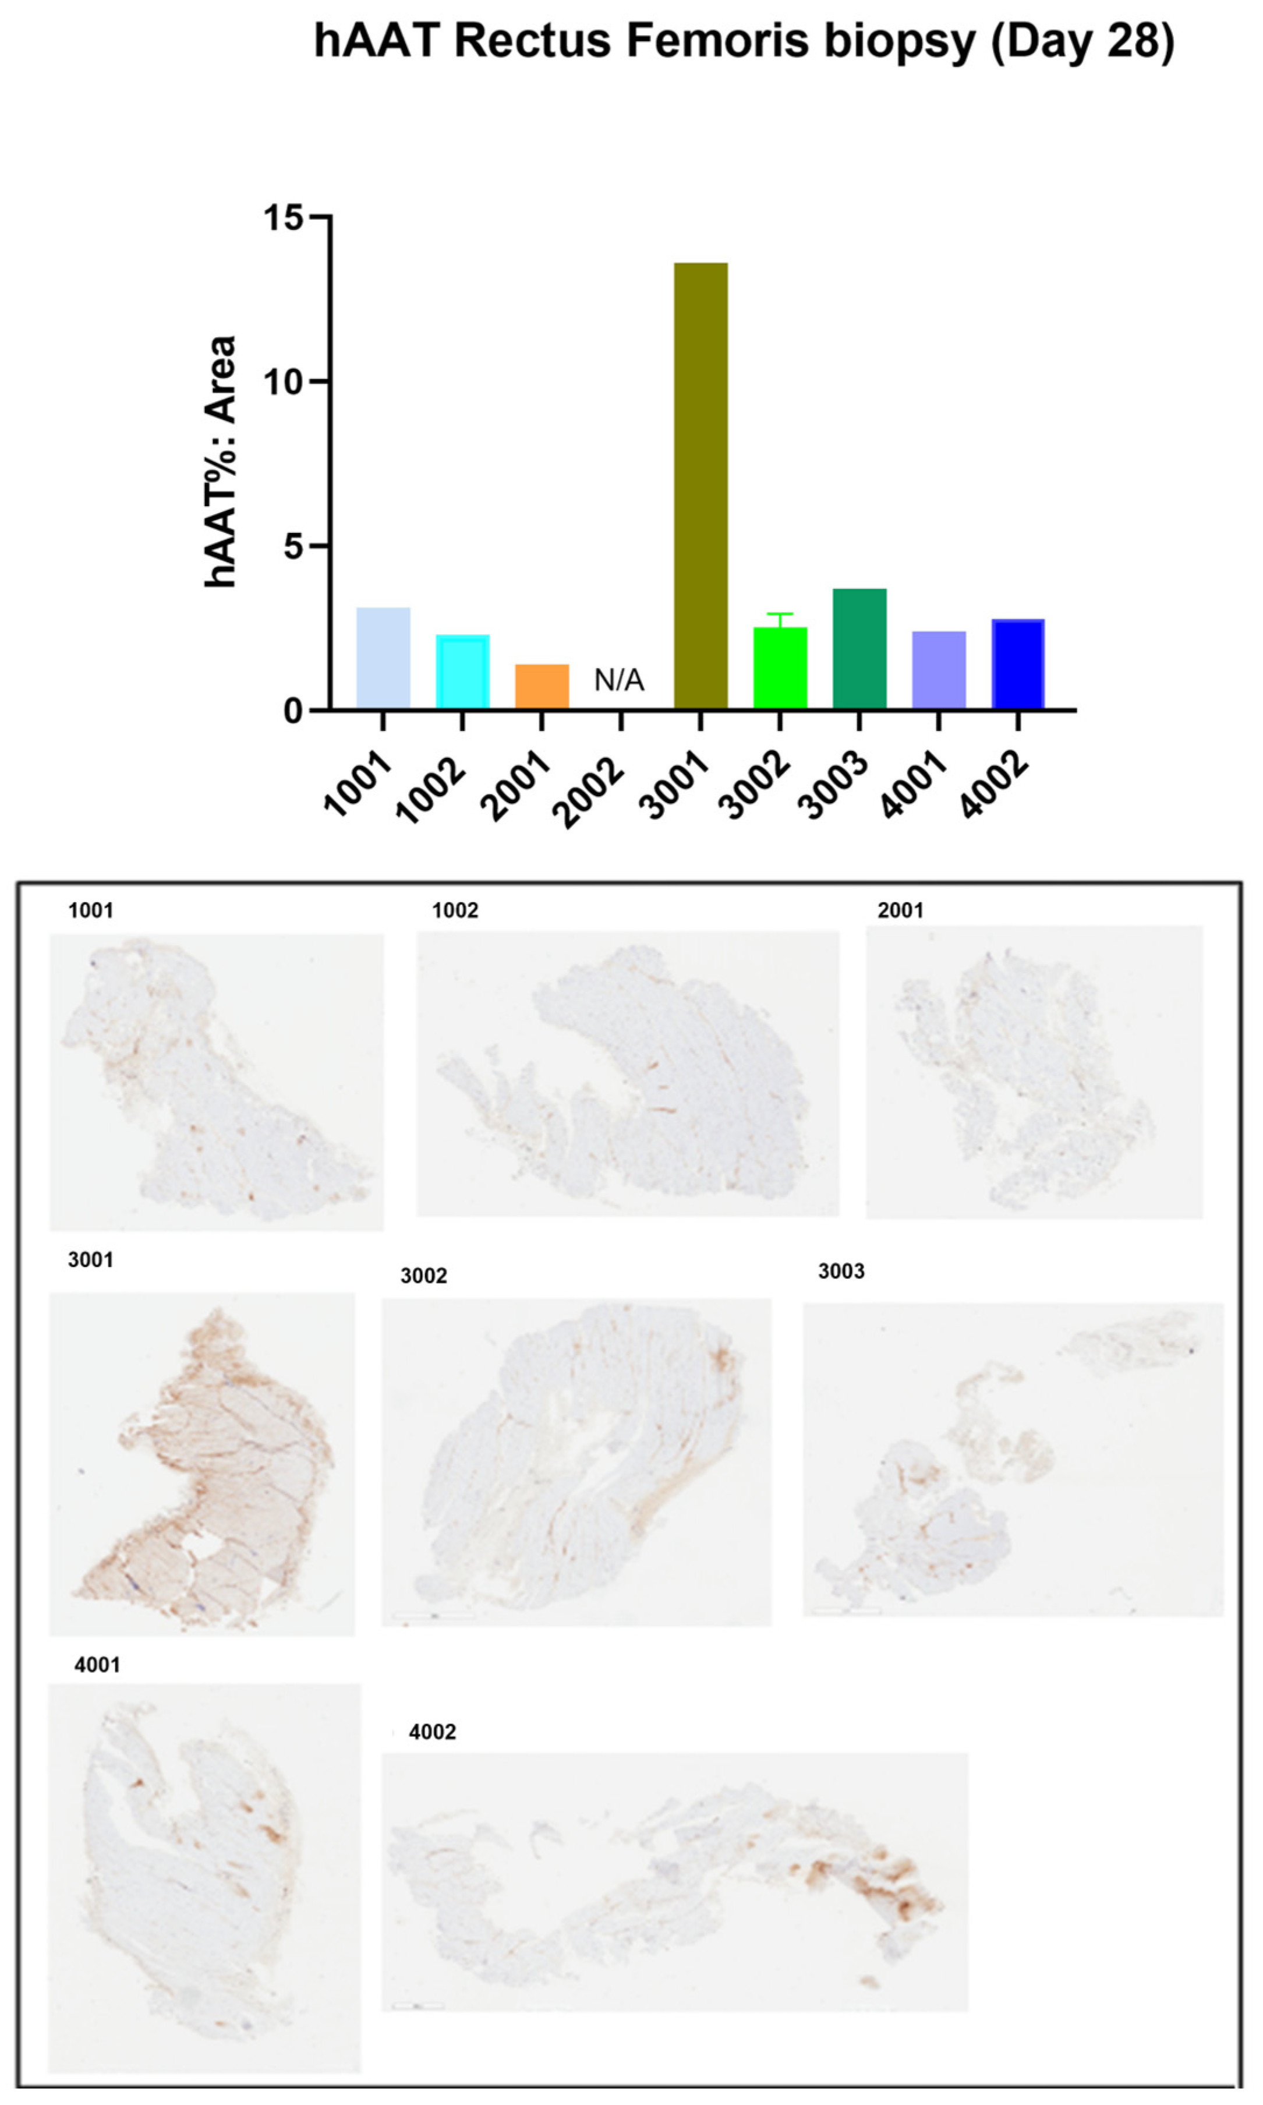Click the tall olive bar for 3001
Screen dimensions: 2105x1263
[701, 485]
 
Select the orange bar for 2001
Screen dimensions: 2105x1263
[542, 686]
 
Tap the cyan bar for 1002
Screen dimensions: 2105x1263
[462, 672]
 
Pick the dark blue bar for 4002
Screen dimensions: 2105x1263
[1018, 664]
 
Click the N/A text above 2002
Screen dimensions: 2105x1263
[619, 680]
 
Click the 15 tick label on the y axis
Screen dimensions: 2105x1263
[284, 218]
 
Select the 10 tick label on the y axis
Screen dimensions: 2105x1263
[284, 382]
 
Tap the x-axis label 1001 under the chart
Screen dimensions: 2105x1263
[358, 785]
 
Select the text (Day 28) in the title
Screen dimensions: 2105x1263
[1082, 40]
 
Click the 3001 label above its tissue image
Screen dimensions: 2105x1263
[90, 1260]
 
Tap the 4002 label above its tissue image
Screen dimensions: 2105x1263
[432, 1732]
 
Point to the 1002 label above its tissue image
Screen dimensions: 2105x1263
[455, 911]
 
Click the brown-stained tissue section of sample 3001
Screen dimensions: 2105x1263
[213, 1472]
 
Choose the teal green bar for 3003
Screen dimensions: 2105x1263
[859, 649]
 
